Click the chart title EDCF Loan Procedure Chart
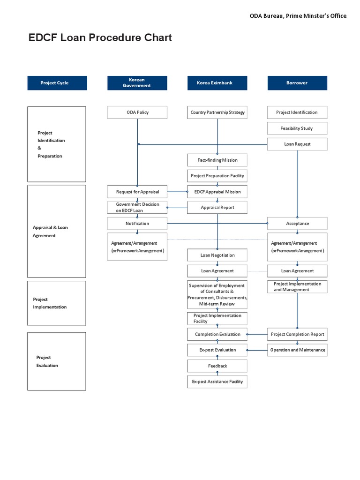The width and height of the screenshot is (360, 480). (100, 38)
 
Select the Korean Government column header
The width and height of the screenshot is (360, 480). (137, 83)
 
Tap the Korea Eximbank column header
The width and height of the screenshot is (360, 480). (217, 83)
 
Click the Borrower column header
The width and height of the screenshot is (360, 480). (297, 83)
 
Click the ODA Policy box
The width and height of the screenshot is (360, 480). (137, 112)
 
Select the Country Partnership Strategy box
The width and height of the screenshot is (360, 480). (217, 112)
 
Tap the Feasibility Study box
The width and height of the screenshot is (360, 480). (297, 128)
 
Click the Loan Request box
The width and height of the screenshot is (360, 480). (297, 144)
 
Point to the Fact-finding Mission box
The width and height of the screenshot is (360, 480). (217, 160)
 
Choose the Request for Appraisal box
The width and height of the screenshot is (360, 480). (137, 192)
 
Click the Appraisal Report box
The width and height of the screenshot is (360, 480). (217, 207)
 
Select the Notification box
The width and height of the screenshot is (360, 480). (137, 224)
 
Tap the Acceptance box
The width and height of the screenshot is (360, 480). (297, 224)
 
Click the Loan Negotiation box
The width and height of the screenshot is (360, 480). (217, 255)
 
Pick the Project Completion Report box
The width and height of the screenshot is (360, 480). (297, 334)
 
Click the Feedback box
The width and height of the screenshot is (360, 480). (217, 366)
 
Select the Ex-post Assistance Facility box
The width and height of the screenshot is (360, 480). (217, 382)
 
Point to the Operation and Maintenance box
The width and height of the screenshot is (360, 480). (297, 350)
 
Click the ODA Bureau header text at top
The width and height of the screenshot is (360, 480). (298, 16)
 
